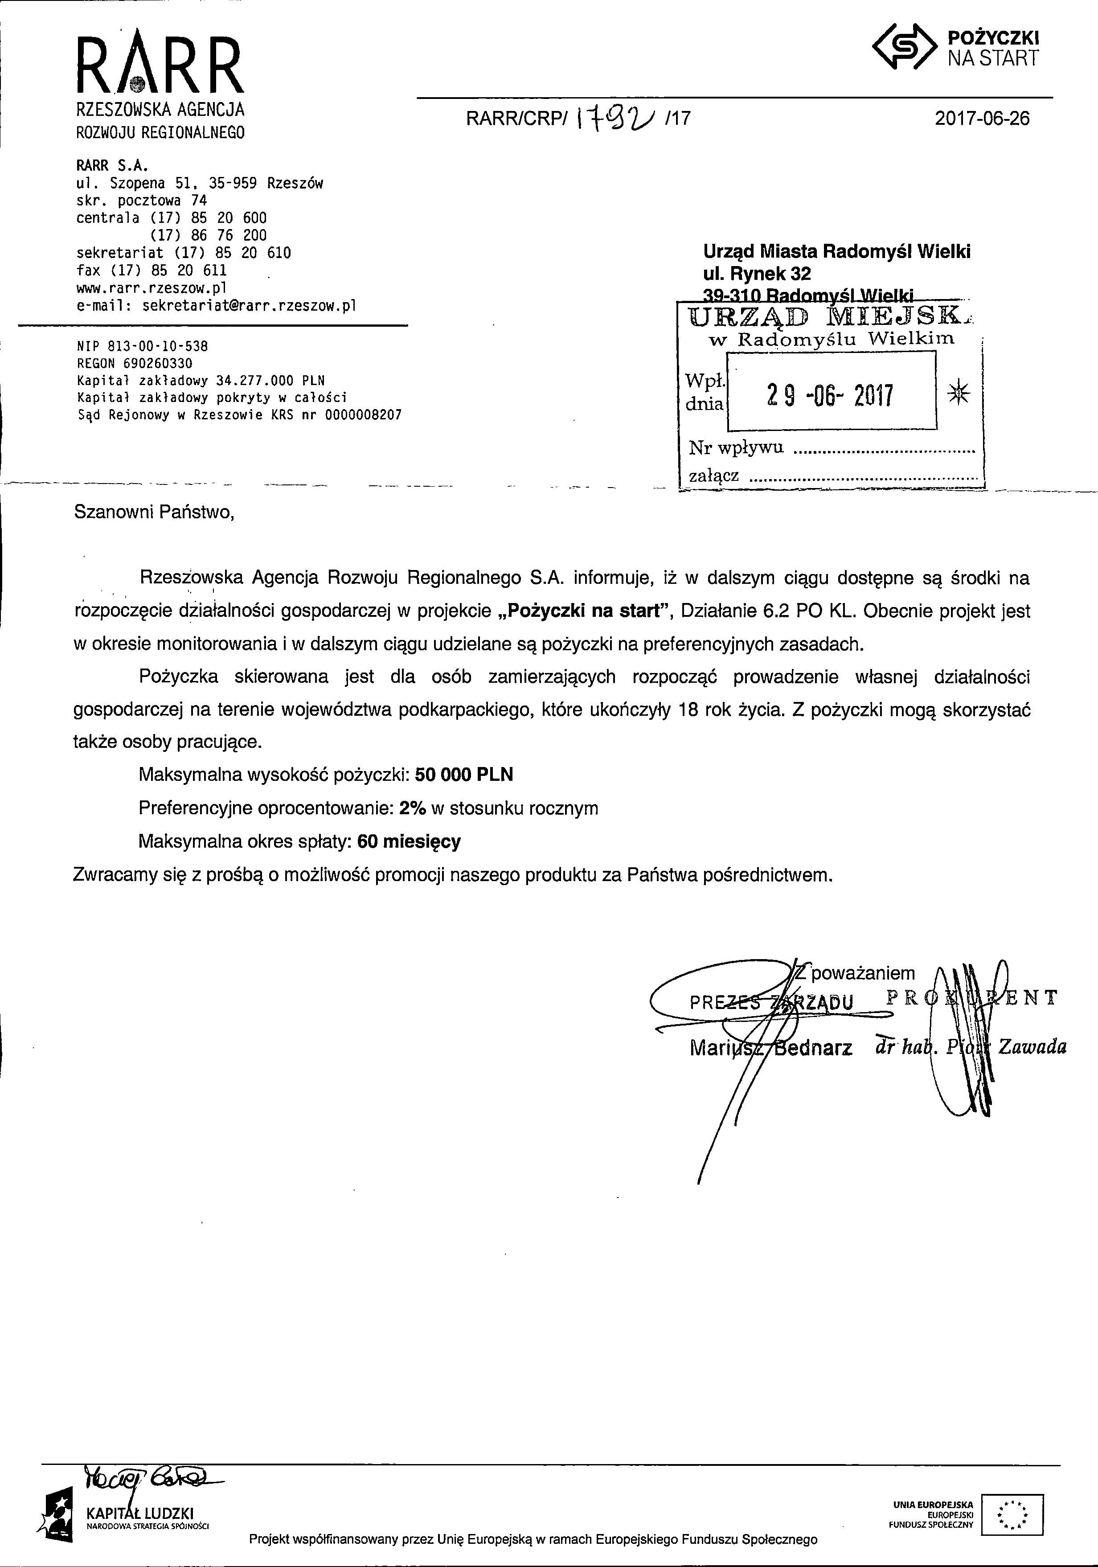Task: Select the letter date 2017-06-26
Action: tap(981, 119)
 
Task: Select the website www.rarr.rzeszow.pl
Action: tap(152, 287)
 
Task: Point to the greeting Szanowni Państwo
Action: tap(154, 512)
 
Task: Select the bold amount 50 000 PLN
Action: tap(463, 775)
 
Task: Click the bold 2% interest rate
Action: tap(413, 808)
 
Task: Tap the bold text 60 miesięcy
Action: tap(409, 841)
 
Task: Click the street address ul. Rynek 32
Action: tap(757, 274)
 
